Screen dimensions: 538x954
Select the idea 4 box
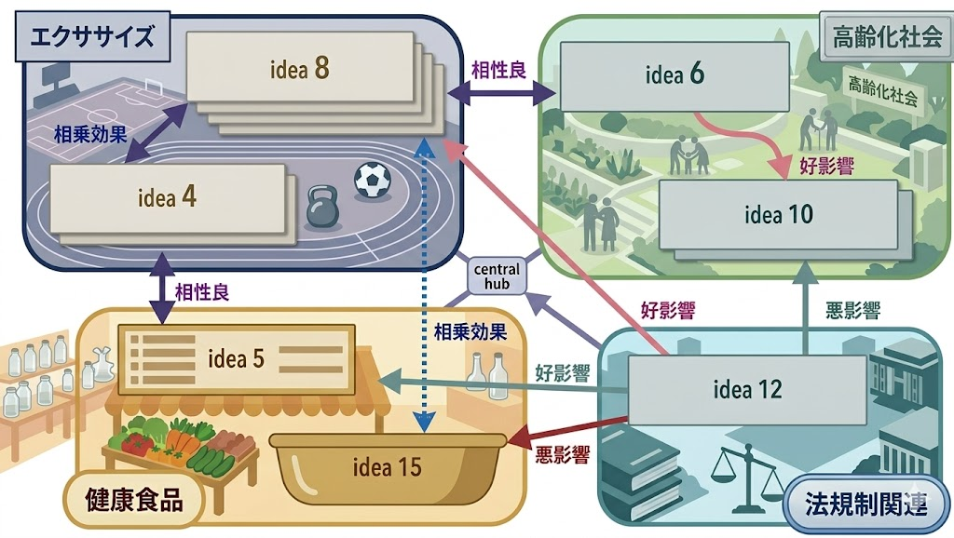(x=167, y=197)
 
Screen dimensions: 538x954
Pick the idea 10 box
(x=778, y=215)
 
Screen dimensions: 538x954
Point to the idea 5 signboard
(x=236, y=357)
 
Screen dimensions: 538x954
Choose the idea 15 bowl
(x=388, y=466)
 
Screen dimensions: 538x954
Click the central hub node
(x=497, y=276)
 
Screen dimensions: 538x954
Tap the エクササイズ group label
(x=90, y=38)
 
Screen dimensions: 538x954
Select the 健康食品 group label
(x=132, y=500)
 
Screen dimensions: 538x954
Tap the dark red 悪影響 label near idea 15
(x=563, y=455)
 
